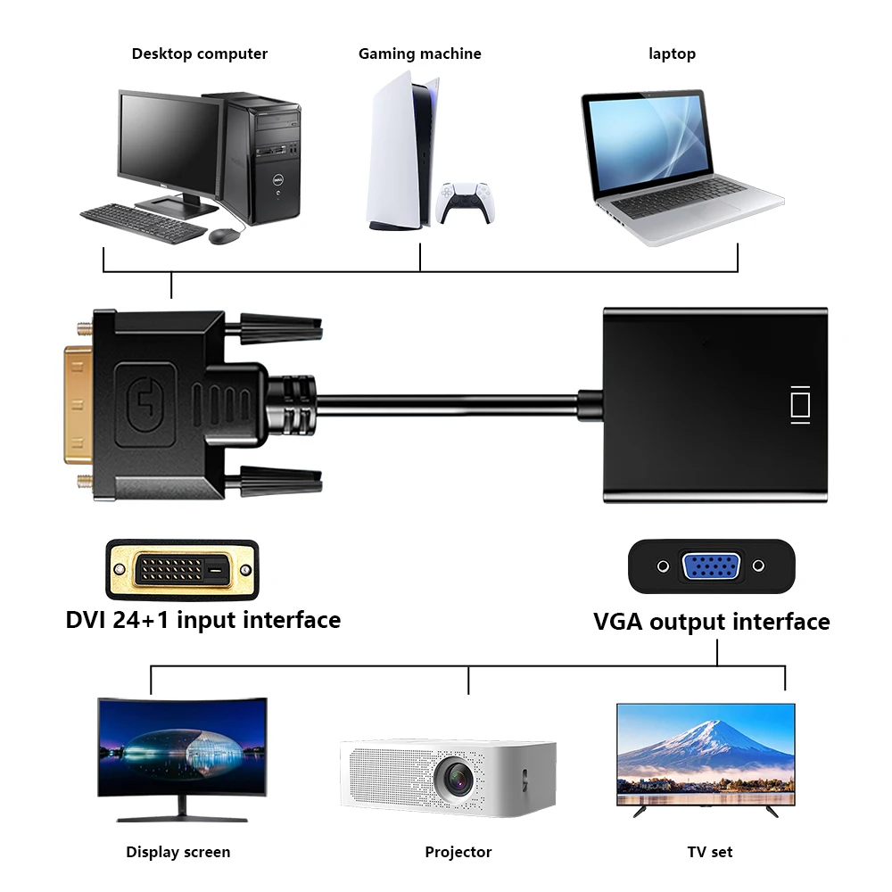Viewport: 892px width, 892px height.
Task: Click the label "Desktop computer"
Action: click(x=199, y=54)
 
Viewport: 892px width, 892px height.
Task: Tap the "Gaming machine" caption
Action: click(x=419, y=54)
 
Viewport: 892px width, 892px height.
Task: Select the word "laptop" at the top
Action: click(x=672, y=54)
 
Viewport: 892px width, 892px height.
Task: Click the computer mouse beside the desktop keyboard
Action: click(x=225, y=235)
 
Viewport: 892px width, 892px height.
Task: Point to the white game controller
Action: click(x=466, y=202)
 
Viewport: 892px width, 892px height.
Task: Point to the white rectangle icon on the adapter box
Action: click(x=800, y=404)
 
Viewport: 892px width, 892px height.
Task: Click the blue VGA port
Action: click(x=710, y=566)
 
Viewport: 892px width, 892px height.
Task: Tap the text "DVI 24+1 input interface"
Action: click(x=203, y=620)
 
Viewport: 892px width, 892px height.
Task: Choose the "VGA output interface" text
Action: click(x=711, y=622)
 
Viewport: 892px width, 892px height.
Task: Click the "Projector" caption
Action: click(x=458, y=852)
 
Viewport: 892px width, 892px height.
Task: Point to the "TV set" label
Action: click(x=710, y=852)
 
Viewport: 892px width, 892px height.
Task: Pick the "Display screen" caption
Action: click(x=178, y=852)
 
